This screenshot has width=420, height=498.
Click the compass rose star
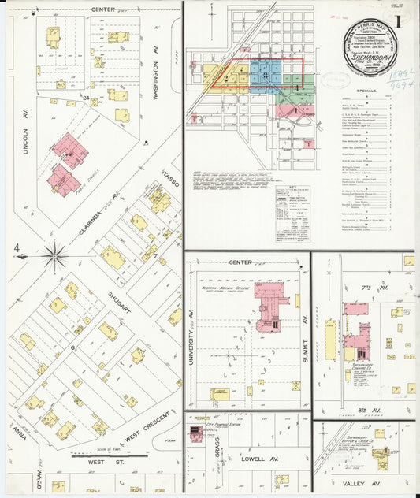(54, 255)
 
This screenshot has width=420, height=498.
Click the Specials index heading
(365, 91)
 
